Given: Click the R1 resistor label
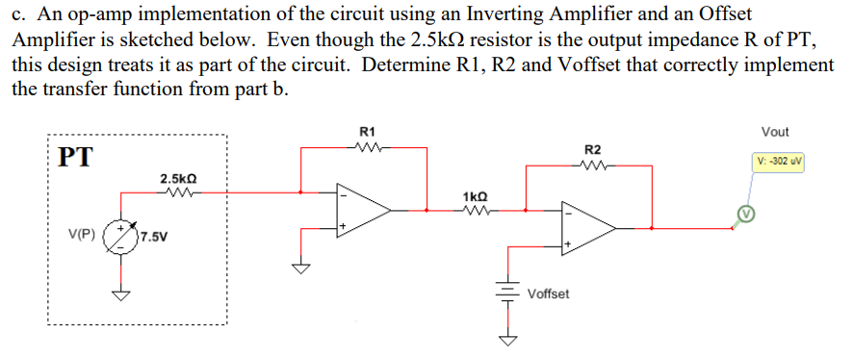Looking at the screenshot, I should pos(367,131).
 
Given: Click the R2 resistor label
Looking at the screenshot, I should pos(593,149).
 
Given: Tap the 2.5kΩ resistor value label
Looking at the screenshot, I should pos(179,178).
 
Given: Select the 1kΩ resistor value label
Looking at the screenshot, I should pos(476,195).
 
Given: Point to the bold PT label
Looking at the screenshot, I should pos(75,157).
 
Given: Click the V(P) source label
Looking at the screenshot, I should pos(82,234).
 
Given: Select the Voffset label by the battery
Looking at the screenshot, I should pos(548,293).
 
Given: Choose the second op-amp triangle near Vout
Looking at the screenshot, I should pos(588,228).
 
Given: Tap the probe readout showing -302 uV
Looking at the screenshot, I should pos(778,160).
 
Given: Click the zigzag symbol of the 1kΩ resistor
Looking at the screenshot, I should pos(476,208).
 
